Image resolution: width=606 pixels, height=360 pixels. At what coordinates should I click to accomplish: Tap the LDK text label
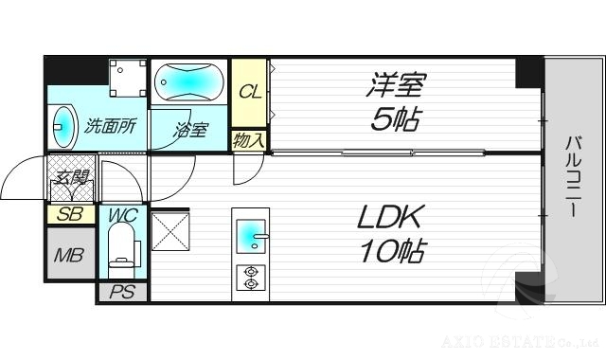click(390, 217)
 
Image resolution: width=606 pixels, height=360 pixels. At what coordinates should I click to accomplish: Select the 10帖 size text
click(390, 251)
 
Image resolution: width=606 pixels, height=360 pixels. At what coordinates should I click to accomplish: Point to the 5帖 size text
click(396, 120)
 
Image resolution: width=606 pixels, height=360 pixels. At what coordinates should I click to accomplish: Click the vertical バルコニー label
click(574, 178)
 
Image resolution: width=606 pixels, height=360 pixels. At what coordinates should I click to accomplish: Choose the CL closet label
click(250, 92)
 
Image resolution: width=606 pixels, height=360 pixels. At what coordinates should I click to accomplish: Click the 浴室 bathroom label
click(189, 130)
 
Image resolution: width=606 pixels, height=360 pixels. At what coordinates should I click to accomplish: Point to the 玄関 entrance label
click(70, 176)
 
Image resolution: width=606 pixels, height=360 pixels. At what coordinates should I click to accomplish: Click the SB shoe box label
click(70, 214)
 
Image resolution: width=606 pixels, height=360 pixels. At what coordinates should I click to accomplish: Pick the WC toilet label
click(120, 214)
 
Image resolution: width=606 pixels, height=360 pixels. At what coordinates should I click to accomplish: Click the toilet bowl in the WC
click(121, 254)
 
